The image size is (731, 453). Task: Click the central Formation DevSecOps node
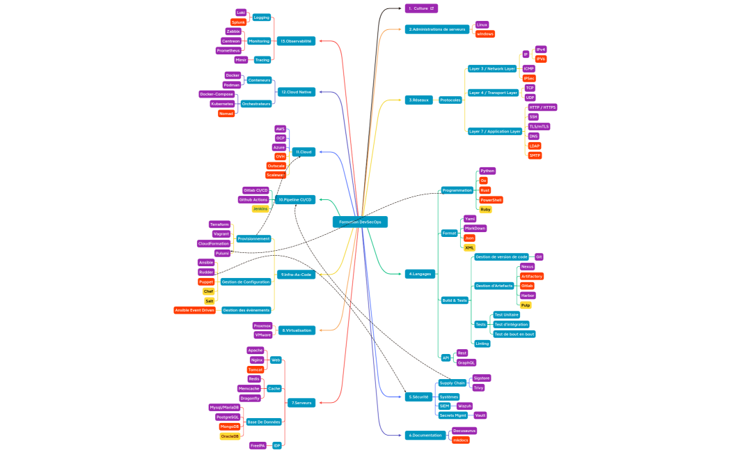click(x=360, y=222)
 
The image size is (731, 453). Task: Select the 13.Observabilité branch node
click(x=296, y=41)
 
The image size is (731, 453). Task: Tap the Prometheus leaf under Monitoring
click(x=228, y=50)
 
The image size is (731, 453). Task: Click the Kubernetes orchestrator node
click(x=222, y=104)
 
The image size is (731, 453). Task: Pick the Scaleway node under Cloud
click(x=276, y=175)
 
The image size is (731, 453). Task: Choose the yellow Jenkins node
click(x=260, y=208)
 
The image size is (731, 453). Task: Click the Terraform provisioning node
click(x=220, y=224)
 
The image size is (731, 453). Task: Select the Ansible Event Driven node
click(x=195, y=310)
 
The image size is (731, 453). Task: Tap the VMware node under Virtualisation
click(x=262, y=335)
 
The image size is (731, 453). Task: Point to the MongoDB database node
click(x=230, y=427)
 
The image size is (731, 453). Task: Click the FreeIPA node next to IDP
click(x=258, y=445)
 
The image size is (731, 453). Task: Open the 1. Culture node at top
click(x=421, y=8)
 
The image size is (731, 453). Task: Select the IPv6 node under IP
click(x=541, y=59)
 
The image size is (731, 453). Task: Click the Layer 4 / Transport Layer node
click(x=493, y=92)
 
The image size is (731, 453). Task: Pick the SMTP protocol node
click(x=535, y=155)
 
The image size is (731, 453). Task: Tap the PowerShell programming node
click(x=492, y=200)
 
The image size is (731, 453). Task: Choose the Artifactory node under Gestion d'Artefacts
click(x=532, y=276)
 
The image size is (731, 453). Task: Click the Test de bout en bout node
click(x=514, y=334)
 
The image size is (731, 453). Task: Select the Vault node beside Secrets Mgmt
click(x=480, y=415)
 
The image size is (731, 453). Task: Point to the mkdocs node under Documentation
click(x=461, y=440)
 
